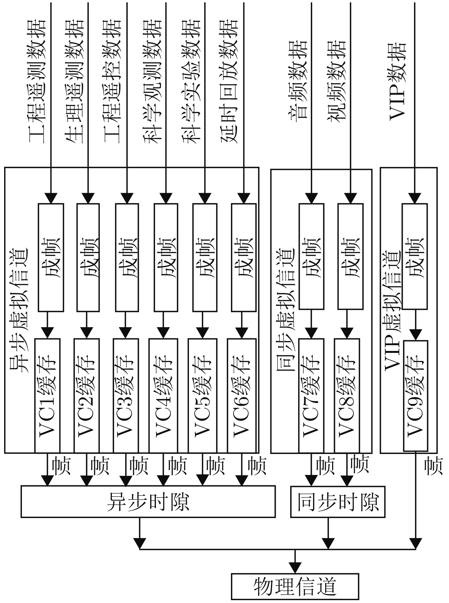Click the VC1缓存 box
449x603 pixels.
point(47,395)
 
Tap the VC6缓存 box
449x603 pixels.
point(241,395)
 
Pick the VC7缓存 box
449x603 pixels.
point(311,395)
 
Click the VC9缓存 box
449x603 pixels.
point(415,395)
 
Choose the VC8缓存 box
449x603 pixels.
point(346,395)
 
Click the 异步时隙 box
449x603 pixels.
point(148,502)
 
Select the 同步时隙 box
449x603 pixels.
point(338,502)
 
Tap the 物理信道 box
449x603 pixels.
point(295,586)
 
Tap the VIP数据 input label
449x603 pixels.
point(398,81)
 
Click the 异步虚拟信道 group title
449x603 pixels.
point(19,311)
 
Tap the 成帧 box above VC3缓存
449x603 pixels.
point(127,257)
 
